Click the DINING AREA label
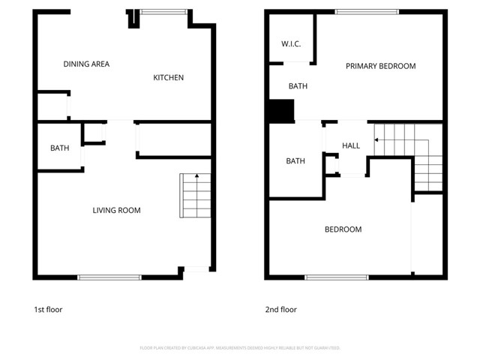click(86, 64)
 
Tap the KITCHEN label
click(169, 78)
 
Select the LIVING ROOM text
click(116, 211)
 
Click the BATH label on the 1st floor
click(60, 148)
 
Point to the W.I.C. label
click(291, 44)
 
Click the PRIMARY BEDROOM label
click(380, 67)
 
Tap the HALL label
click(351, 145)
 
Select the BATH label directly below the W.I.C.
click(298, 87)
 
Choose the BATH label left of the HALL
click(295, 161)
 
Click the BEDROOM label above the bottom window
click(343, 229)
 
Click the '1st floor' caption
click(48, 310)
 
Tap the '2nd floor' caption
click(280, 310)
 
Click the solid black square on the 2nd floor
click(281, 112)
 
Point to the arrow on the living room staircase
click(196, 177)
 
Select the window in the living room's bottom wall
click(109, 277)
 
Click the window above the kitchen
click(163, 11)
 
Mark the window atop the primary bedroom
click(367, 11)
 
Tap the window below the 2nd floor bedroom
click(337, 277)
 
